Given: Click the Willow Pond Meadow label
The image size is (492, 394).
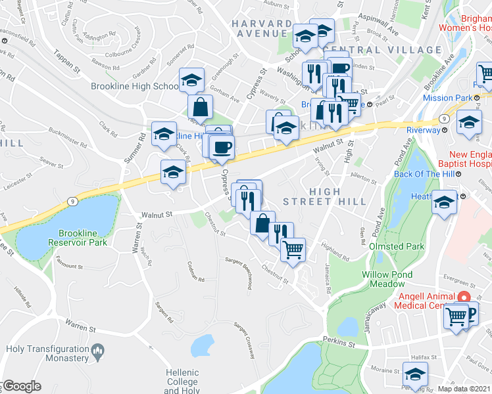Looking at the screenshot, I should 387,279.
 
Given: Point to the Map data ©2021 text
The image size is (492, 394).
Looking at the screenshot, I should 464,389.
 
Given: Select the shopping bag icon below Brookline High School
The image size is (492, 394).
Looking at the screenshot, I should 200,106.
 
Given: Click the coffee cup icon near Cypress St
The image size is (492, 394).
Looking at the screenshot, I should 222,147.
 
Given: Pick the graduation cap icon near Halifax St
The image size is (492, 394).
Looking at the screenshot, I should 415,376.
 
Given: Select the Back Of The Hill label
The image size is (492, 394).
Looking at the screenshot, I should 416,174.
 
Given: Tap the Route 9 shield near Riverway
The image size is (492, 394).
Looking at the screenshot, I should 445,118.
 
